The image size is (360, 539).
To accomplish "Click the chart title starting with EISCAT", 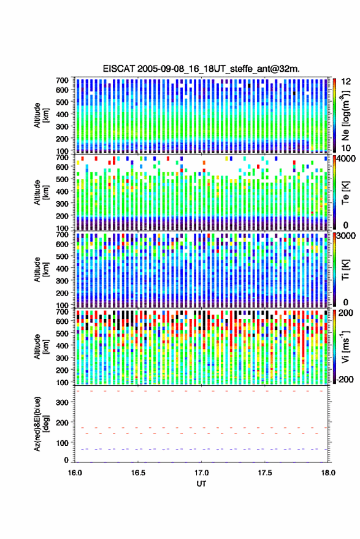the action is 201,69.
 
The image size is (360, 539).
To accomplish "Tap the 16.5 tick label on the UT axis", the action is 138,473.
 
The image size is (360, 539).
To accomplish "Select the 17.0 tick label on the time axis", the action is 201,473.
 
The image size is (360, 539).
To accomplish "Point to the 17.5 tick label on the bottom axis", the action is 265,473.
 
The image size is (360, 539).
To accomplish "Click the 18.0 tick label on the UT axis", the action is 328,473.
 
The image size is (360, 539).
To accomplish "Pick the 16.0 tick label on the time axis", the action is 75,473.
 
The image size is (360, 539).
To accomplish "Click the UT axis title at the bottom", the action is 201,484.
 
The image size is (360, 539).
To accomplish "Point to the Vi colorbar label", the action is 345,346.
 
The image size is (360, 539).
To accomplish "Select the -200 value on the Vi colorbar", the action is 344,380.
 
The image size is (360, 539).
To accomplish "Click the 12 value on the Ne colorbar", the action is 346,82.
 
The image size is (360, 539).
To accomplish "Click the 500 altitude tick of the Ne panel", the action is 62,102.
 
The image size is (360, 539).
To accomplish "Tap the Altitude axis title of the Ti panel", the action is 41,270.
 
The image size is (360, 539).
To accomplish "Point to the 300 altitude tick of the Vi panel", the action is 62,358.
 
